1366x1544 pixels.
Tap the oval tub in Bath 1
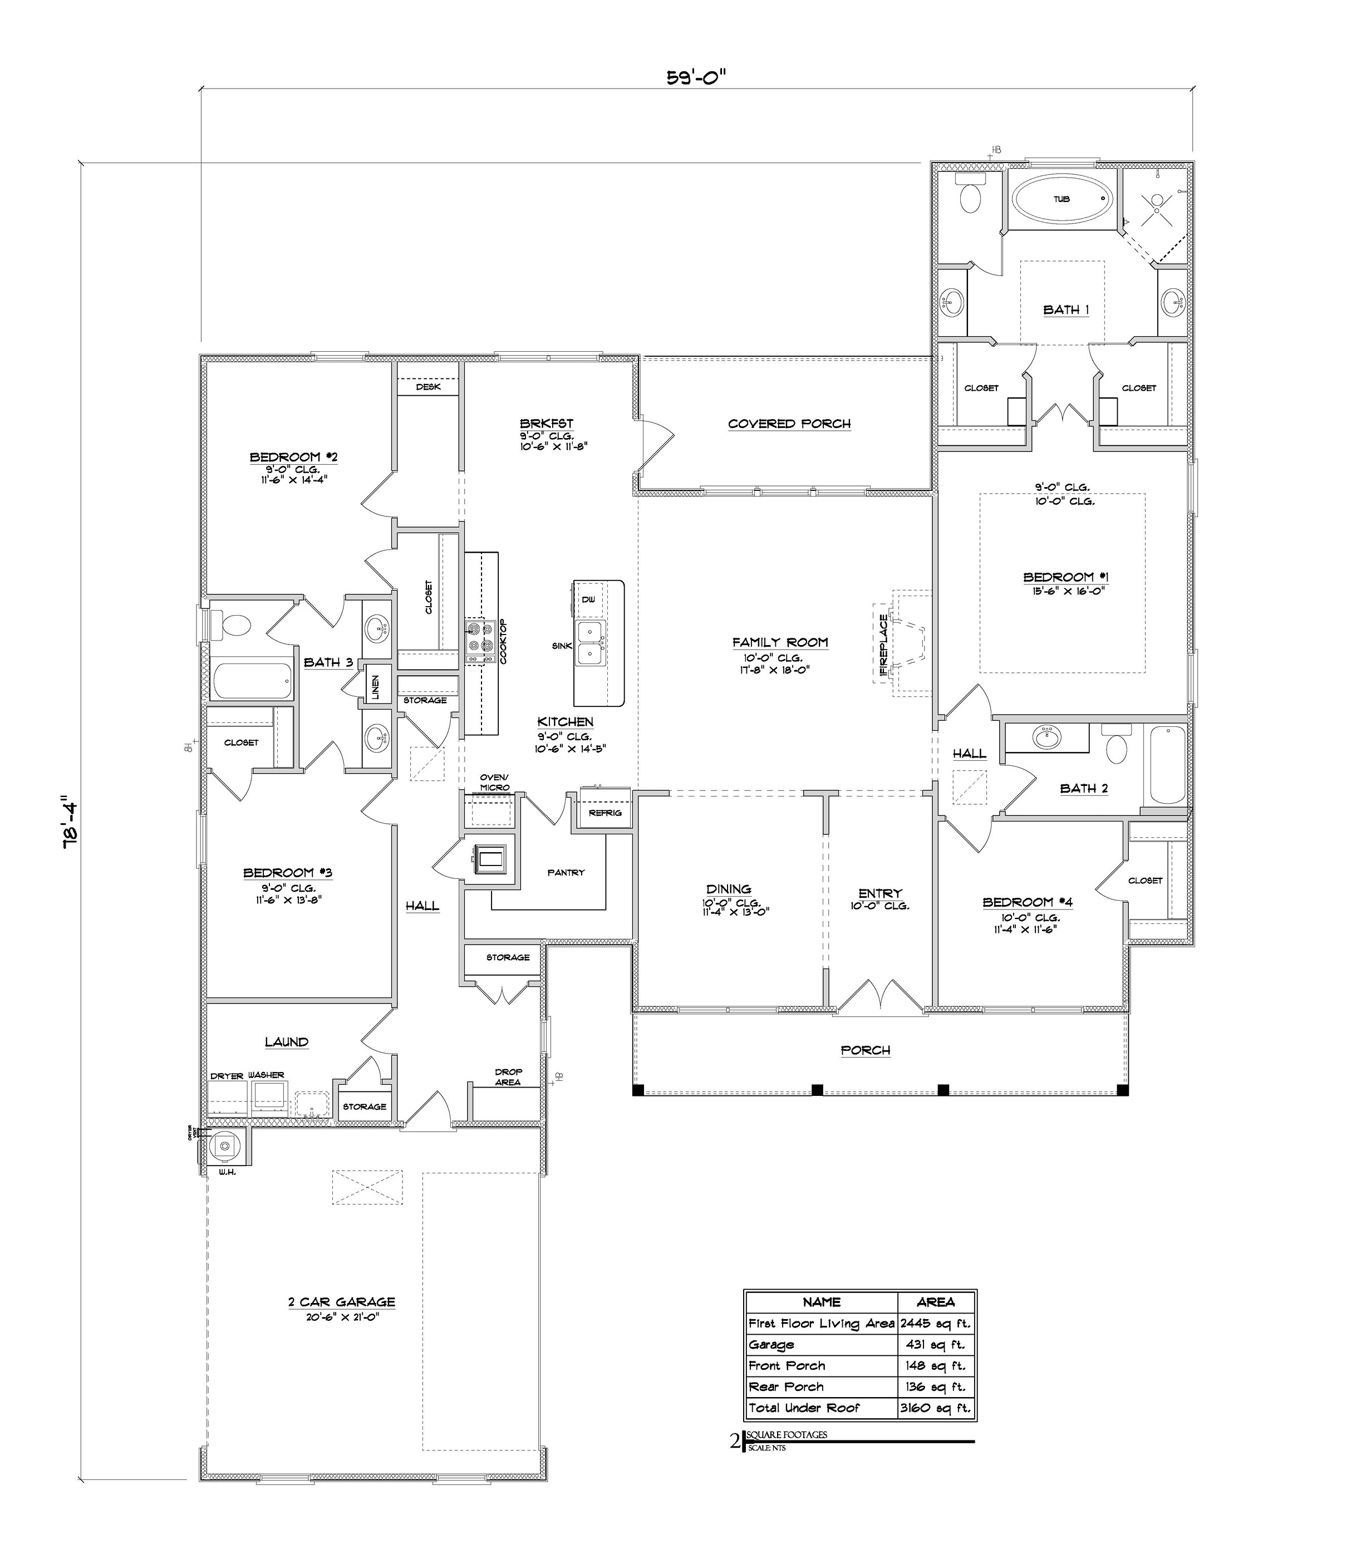[1061, 199]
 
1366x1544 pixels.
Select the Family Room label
[780, 642]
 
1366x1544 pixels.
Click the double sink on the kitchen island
[590, 643]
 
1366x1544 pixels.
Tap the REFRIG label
[605, 813]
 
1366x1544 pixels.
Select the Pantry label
[566, 873]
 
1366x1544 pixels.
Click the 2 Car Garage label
[342, 1301]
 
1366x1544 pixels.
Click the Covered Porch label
[789, 424]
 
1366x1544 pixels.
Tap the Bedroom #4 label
[1027, 902]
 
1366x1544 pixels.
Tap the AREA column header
[935, 1301]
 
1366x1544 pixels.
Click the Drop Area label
[508, 1077]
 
